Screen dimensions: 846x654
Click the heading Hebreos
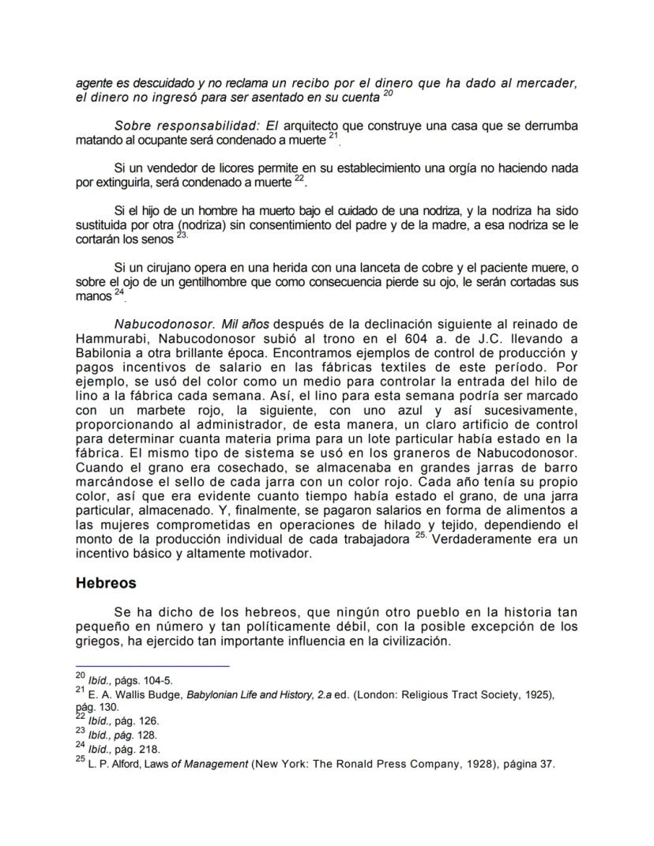[x=106, y=583]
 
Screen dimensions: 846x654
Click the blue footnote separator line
[x=152, y=666]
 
